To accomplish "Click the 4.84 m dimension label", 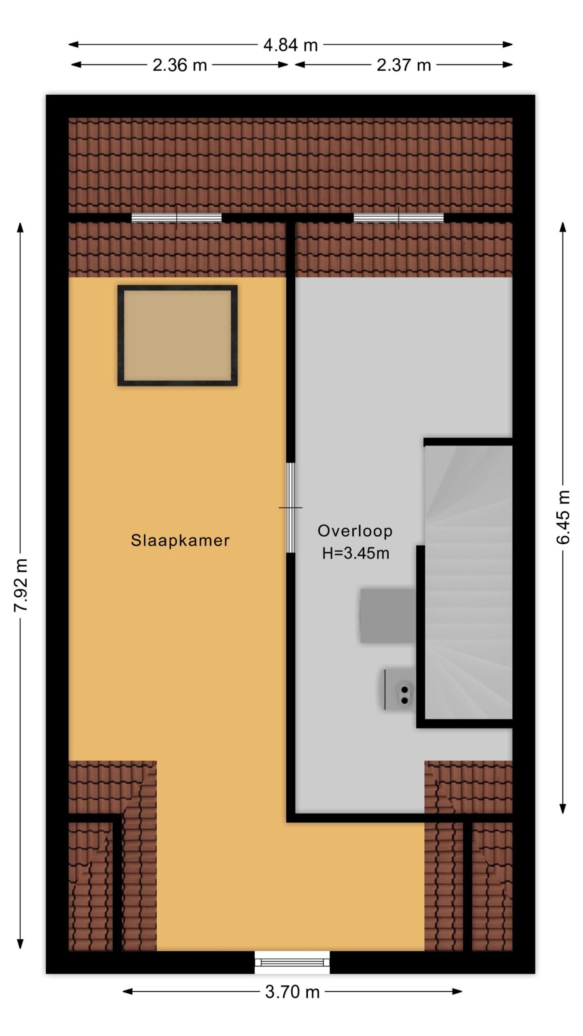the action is click(x=291, y=45).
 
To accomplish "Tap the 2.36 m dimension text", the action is click(x=179, y=65).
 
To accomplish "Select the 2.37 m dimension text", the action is click(x=404, y=65).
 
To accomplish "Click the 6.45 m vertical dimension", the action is click(x=563, y=517).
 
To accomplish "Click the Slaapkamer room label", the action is click(x=180, y=541).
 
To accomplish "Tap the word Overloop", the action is click(x=355, y=531).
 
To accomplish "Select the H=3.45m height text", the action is click(x=356, y=553).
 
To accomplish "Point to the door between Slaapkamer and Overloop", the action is click(x=291, y=508).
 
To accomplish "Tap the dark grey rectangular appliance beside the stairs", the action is click(x=388, y=616).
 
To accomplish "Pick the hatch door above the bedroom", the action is click(x=177, y=218).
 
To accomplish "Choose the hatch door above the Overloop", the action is click(x=399, y=218).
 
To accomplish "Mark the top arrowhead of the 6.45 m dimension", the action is click(x=563, y=227).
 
